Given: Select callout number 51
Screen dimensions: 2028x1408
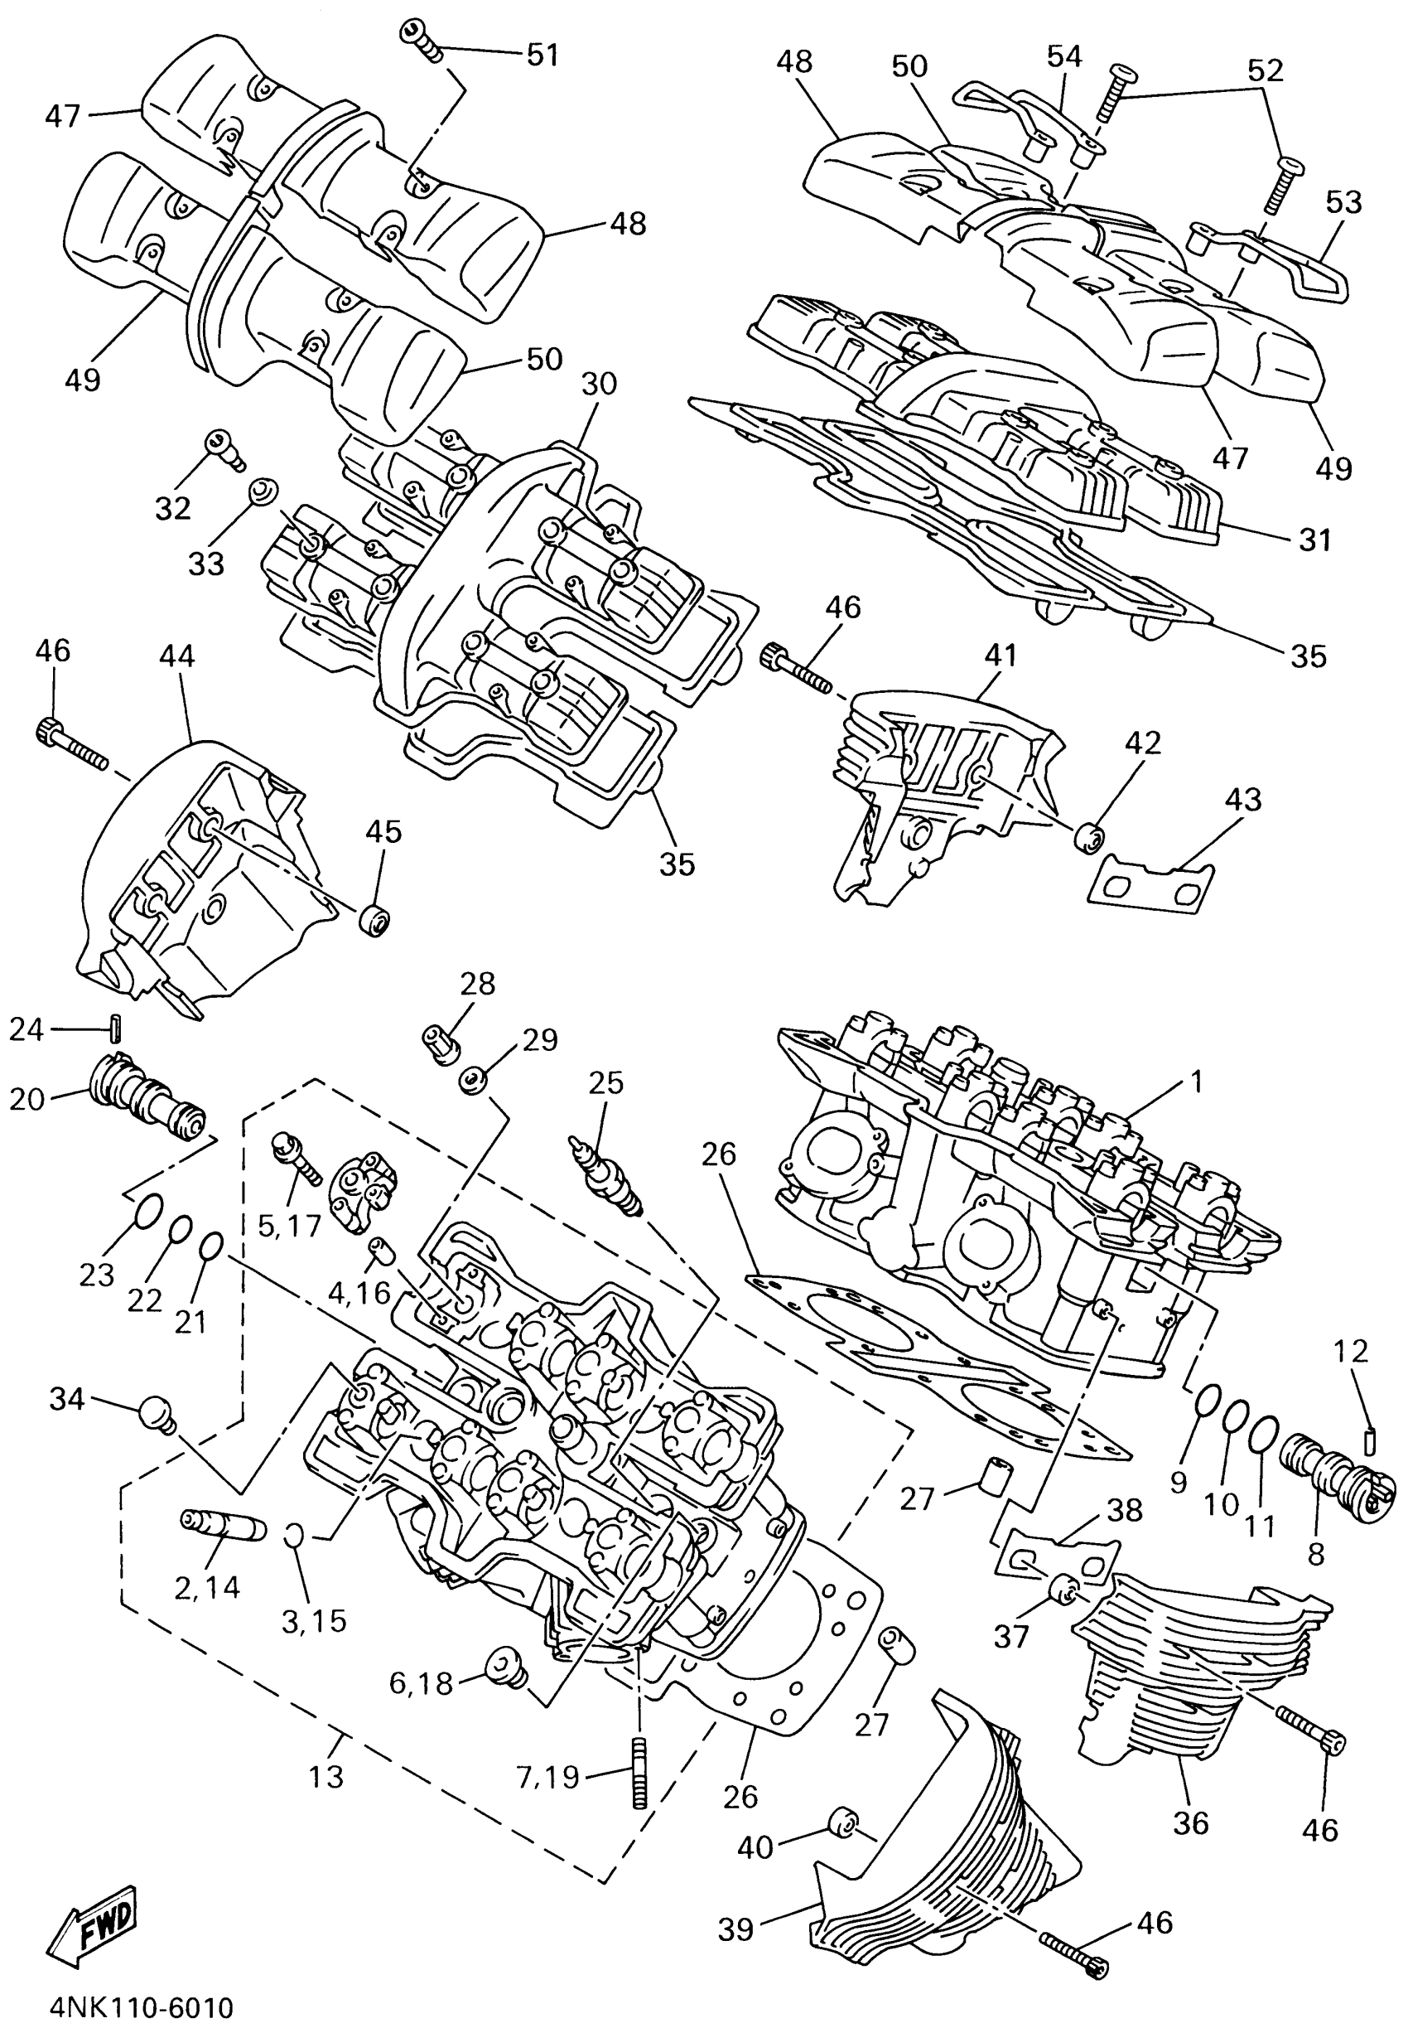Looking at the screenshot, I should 542,55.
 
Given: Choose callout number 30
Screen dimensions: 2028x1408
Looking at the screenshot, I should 599,384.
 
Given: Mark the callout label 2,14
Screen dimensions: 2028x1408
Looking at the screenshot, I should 207,1587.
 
